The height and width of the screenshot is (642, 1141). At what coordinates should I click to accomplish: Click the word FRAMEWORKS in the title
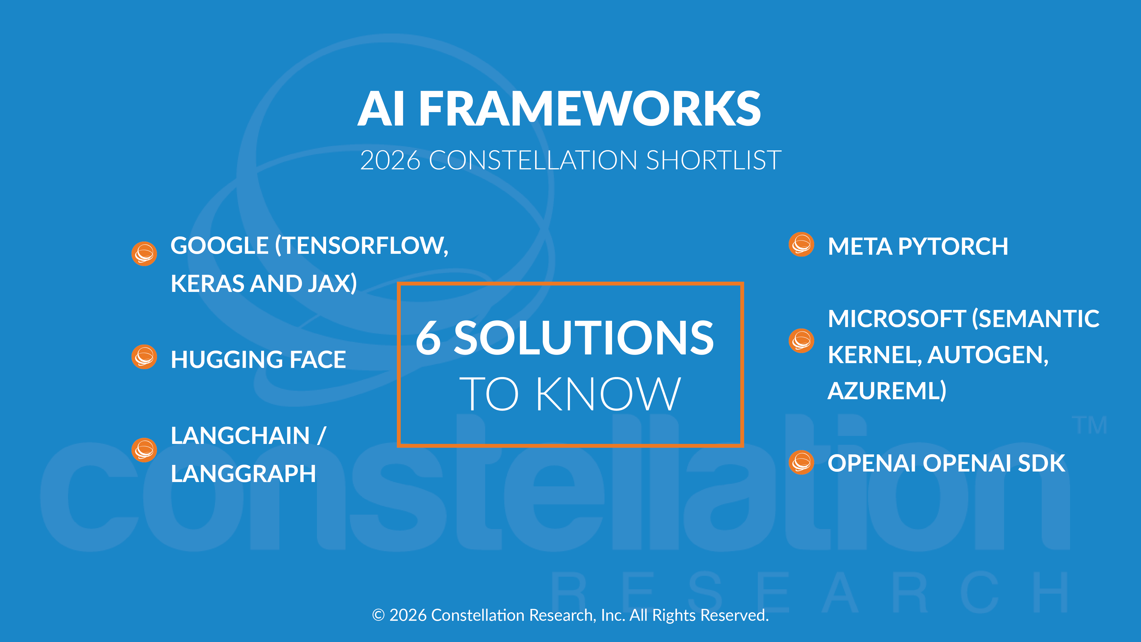[589, 109]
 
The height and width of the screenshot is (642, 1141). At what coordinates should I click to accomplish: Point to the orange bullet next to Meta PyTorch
[801, 244]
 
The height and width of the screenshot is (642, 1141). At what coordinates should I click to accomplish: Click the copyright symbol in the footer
[378, 616]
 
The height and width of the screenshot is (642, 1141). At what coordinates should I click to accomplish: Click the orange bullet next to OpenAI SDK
[801, 463]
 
